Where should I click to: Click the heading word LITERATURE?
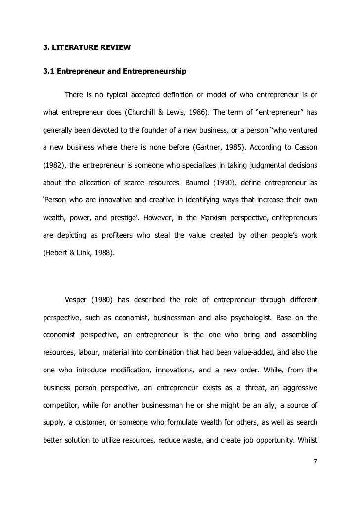[75, 48]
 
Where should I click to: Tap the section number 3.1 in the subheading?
[48, 71]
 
